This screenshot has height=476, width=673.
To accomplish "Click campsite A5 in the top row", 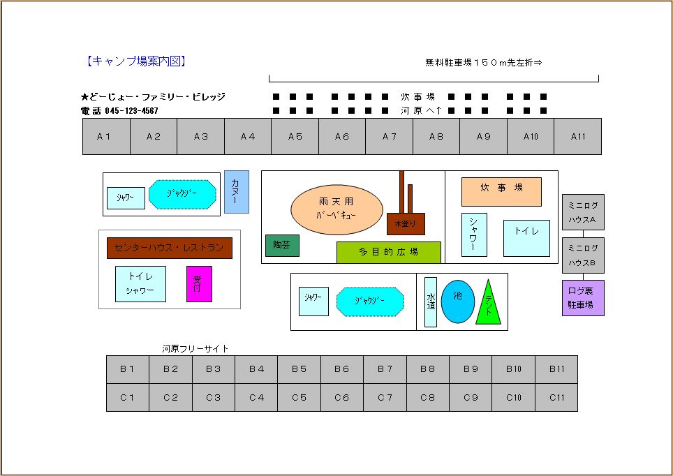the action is [295, 137].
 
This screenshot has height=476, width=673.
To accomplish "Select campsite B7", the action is [385, 369].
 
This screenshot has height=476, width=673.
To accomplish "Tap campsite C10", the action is [513, 397].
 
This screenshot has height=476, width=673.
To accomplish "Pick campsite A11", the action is [578, 137].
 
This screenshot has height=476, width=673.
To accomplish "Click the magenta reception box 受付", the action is [199, 283].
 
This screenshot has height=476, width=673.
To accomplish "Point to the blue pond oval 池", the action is [458, 302].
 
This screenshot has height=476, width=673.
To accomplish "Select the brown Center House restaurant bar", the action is [170, 248].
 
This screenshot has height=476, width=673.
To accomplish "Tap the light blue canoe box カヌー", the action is [237, 192].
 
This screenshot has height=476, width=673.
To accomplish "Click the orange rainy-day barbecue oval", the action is [337, 209].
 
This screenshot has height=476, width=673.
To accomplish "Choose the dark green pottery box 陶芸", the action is [282, 246].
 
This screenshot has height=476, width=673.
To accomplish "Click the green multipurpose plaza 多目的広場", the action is [389, 253].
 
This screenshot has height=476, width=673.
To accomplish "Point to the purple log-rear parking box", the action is [584, 298].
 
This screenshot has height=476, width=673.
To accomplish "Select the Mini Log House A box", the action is [584, 212].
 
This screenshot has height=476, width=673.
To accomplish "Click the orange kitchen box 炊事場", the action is [501, 192].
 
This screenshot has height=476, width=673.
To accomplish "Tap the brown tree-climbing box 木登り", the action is [406, 224].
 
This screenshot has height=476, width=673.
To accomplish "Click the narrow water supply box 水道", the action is [431, 302].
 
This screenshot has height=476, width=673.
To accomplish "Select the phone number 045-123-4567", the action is [131, 111].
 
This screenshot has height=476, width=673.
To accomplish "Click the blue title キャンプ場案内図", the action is [136, 61].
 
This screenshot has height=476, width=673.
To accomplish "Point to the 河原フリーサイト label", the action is [195, 348].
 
